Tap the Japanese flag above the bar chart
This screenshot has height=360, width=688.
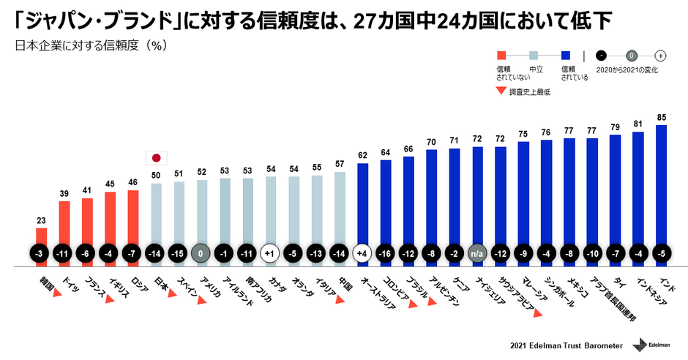[156, 157]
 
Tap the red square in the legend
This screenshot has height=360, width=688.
[501, 55]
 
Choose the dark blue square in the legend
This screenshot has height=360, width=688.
[566, 55]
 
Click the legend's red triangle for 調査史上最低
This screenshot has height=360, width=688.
[501, 91]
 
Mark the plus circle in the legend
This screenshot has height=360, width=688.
[660, 55]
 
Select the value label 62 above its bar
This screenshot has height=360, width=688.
[362, 155]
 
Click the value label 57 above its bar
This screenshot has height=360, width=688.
[340, 164]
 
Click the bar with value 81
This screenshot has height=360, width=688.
[638, 194]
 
